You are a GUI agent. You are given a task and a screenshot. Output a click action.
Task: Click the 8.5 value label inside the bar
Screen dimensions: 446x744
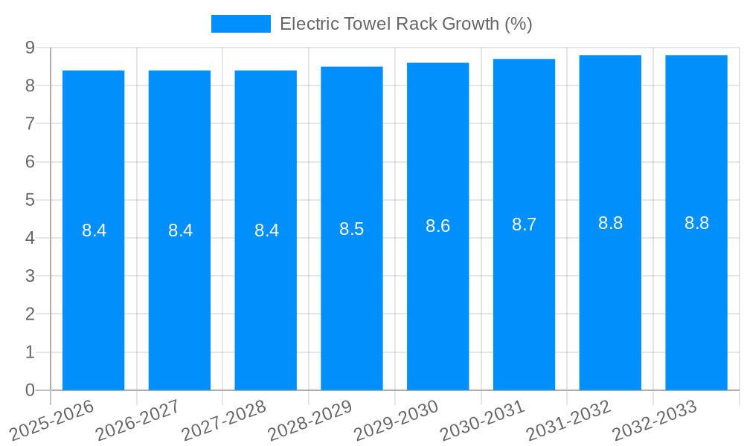[352, 229]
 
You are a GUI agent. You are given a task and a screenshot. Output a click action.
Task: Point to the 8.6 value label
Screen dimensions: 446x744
[438, 226]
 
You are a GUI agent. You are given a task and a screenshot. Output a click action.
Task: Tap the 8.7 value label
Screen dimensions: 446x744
[524, 224]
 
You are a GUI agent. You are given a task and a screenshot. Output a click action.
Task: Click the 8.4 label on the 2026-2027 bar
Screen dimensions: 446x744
[180, 230]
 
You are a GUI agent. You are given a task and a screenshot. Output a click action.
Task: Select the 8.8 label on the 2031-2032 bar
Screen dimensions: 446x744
[610, 223]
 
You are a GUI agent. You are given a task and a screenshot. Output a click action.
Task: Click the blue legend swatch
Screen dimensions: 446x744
[240, 24]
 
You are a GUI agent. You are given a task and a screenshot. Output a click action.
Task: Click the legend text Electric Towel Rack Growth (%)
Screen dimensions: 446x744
[405, 24]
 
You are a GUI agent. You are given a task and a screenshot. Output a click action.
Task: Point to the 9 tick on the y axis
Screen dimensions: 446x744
[30, 48]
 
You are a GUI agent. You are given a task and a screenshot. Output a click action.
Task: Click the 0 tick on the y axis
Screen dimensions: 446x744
[30, 390]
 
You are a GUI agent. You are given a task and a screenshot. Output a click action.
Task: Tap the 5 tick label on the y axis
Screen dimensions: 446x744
[30, 200]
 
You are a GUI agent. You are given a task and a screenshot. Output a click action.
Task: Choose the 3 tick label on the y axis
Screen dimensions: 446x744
[30, 276]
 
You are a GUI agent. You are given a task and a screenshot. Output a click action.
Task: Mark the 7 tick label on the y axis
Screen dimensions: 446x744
[30, 123]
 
